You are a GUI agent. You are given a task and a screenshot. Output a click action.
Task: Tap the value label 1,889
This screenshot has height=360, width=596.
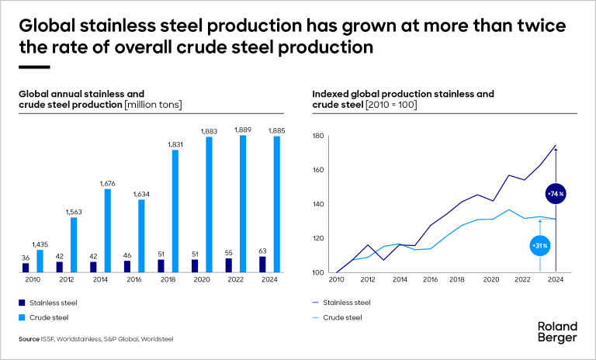(x=244, y=130)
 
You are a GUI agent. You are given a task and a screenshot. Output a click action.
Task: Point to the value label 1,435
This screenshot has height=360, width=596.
(x=40, y=244)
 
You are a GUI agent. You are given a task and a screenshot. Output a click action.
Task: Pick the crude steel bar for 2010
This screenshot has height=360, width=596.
(x=40, y=261)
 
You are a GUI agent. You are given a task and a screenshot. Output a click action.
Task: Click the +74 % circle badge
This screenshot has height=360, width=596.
(x=556, y=192)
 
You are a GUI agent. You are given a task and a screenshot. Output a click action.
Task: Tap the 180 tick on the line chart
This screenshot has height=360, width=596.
(x=317, y=137)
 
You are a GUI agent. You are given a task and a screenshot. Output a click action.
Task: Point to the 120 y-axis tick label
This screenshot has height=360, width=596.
(x=317, y=239)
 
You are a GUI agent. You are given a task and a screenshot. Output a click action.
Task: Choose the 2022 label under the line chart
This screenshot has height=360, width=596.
(x=522, y=281)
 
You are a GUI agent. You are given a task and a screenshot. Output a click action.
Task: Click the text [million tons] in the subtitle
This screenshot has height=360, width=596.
(x=154, y=104)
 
